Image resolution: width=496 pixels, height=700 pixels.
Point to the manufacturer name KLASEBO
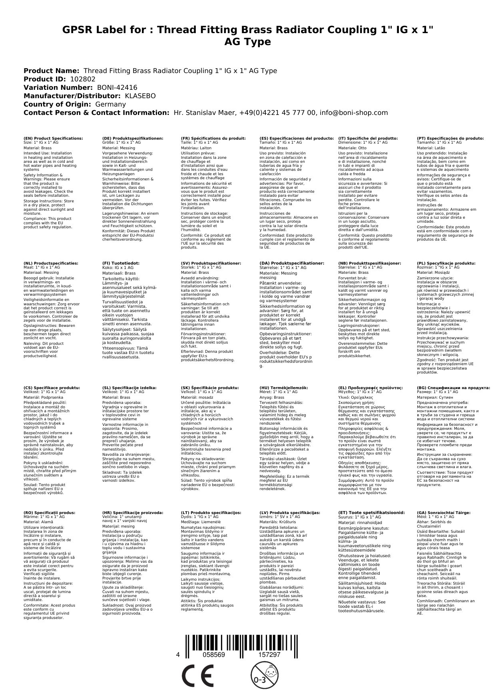point(140,96)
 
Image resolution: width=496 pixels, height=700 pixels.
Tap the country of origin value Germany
point(111,104)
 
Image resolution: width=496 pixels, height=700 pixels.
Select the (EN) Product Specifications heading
point(53,138)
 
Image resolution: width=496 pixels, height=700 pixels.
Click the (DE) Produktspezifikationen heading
point(133,138)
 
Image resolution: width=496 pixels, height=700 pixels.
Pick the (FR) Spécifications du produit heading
point(213,138)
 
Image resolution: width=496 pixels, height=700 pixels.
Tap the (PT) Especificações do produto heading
point(450,138)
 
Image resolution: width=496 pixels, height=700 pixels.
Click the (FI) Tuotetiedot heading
point(121,263)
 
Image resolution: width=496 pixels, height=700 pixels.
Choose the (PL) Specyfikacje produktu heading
point(446,263)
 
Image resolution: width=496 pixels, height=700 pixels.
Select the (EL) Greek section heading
point(371,388)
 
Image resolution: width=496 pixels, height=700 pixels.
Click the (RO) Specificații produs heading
point(49,512)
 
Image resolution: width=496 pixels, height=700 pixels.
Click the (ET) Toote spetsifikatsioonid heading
point(371,512)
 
